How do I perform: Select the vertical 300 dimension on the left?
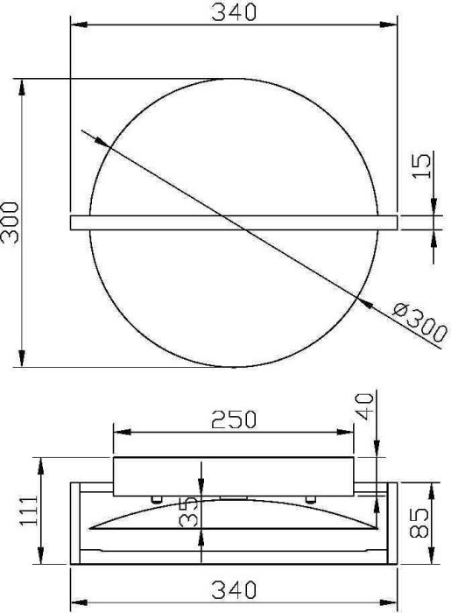11,223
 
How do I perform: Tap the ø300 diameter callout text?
419,322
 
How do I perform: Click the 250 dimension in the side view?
233,419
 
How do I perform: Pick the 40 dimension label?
365,404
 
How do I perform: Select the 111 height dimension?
31,511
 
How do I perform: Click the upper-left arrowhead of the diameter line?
98,140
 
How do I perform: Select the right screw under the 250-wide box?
309,499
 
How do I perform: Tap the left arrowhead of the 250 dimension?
120,432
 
